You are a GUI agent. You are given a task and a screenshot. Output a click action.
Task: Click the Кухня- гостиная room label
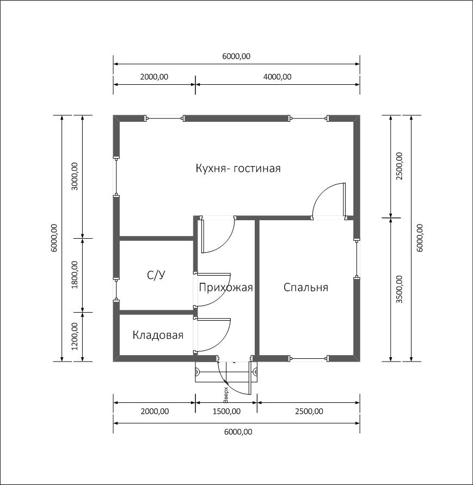[238, 169]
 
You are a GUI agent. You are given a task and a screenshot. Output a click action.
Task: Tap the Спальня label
[306, 288]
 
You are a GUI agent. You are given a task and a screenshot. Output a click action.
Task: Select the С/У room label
[156, 275]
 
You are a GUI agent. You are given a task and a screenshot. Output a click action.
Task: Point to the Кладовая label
[158, 335]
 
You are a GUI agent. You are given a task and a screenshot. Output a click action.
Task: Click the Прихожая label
[226, 288]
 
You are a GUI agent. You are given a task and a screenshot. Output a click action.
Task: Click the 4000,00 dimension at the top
[278, 77]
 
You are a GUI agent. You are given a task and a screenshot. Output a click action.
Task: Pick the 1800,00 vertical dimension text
[75, 275]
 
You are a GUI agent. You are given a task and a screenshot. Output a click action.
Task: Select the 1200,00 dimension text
[75, 337]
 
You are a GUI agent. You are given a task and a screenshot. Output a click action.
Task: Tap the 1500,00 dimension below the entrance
[226, 412]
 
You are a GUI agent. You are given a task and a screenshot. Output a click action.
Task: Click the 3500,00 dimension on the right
[400, 289]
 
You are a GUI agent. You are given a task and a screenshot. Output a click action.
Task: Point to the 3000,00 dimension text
[75, 176]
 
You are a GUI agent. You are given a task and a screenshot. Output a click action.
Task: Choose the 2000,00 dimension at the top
[154, 77]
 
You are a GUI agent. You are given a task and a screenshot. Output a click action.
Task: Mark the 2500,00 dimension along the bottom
[309, 412]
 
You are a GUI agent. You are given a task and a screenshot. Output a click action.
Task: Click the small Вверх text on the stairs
[226, 395]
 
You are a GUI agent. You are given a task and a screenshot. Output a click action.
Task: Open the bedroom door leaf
[344, 200]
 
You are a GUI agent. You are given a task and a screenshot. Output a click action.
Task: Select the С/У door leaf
[214, 274]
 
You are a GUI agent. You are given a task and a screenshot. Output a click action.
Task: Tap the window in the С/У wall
[116, 289]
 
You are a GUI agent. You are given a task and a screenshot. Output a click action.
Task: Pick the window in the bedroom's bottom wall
[309, 358]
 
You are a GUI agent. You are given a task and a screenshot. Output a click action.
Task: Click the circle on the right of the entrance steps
[255, 371]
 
